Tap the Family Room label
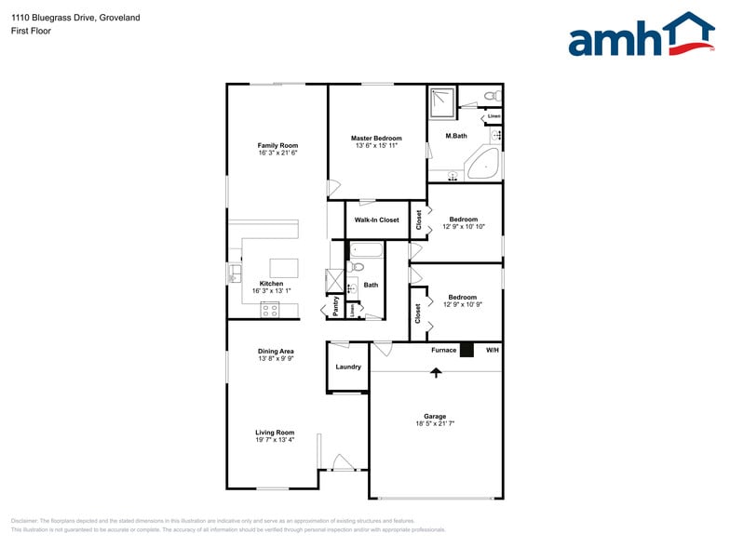coord(277,145)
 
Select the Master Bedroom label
coord(376,138)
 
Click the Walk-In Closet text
coord(376,220)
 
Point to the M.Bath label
coord(455,137)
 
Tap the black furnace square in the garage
coord(466,350)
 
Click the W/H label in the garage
coord(493,350)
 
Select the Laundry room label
coord(348,367)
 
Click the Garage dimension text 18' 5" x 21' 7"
coord(435,424)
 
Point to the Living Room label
coord(275,433)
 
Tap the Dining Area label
coord(276,351)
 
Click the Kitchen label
coord(271,284)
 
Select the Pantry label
coord(335,306)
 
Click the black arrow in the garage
coord(436,371)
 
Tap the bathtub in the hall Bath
coord(365,249)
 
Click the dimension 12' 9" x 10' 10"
coord(463,227)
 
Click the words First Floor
coord(32,31)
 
